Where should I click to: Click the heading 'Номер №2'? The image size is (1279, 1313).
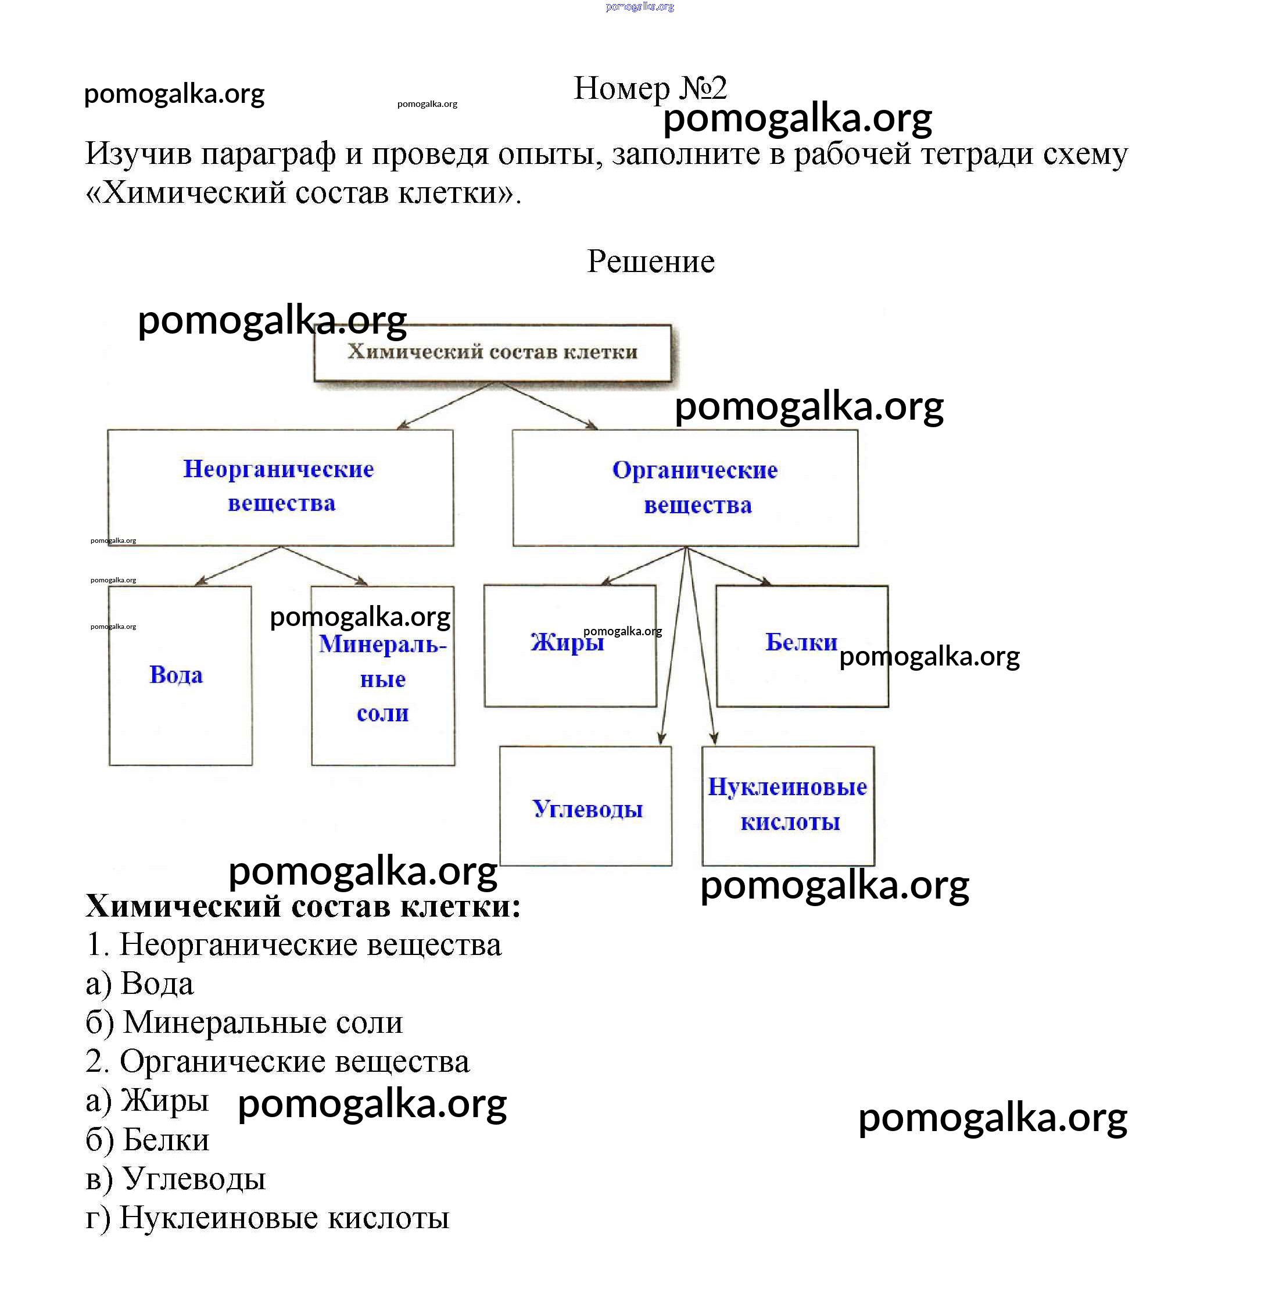point(650,88)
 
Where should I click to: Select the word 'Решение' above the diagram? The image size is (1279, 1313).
point(650,262)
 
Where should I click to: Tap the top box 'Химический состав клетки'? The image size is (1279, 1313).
point(492,352)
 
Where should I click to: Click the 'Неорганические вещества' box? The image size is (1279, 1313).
point(280,486)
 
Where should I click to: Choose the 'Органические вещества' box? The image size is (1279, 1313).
point(685,487)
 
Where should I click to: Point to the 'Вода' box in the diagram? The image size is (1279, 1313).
point(180,675)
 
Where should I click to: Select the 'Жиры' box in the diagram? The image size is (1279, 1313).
point(569,645)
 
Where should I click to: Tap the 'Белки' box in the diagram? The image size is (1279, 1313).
point(801,645)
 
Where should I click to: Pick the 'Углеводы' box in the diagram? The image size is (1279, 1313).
point(586,806)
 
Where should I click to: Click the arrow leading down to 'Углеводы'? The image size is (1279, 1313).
point(673,645)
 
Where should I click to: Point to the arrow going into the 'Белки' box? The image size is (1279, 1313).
point(729,566)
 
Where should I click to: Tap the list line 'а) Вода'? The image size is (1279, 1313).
point(139,984)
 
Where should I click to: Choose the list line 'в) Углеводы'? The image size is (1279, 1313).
point(176,1179)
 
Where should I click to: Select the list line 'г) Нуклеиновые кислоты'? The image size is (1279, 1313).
point(267,1218)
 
